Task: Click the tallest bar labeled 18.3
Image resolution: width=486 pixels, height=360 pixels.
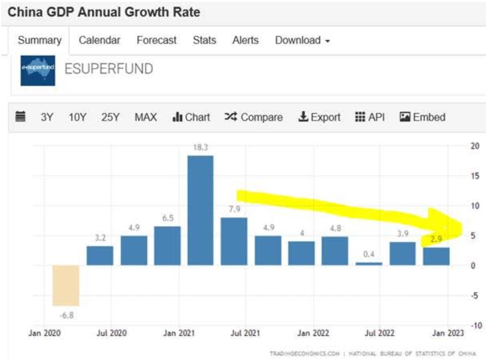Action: [200, 210]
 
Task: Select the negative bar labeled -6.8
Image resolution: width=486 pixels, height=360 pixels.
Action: [66, 285]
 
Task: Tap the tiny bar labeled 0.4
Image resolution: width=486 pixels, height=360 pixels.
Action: [369, 264]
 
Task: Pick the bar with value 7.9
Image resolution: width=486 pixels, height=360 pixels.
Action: [234, 241]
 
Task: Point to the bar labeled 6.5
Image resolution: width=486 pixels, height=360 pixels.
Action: [167, 246]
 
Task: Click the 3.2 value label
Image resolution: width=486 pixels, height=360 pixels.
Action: [100, 238]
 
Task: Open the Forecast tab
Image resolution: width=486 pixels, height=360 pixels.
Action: [156, 40]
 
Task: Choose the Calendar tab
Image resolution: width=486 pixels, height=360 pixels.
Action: [99, 40]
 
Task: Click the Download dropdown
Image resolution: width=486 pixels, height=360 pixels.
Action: [302, 40]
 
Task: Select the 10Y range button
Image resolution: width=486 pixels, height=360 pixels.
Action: [77, 117]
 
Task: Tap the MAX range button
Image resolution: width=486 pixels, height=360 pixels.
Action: [146, 117]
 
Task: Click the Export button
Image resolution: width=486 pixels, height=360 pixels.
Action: [319, 117]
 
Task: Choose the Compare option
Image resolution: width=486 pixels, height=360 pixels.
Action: [254, 117]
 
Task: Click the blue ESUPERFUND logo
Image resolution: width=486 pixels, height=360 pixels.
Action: [38, 70]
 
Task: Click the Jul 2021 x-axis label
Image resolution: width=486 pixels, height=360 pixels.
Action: [245, 333]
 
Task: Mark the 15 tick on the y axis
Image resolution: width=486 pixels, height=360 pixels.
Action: [475, 176]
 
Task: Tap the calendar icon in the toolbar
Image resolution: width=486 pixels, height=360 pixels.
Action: [20, 117]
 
